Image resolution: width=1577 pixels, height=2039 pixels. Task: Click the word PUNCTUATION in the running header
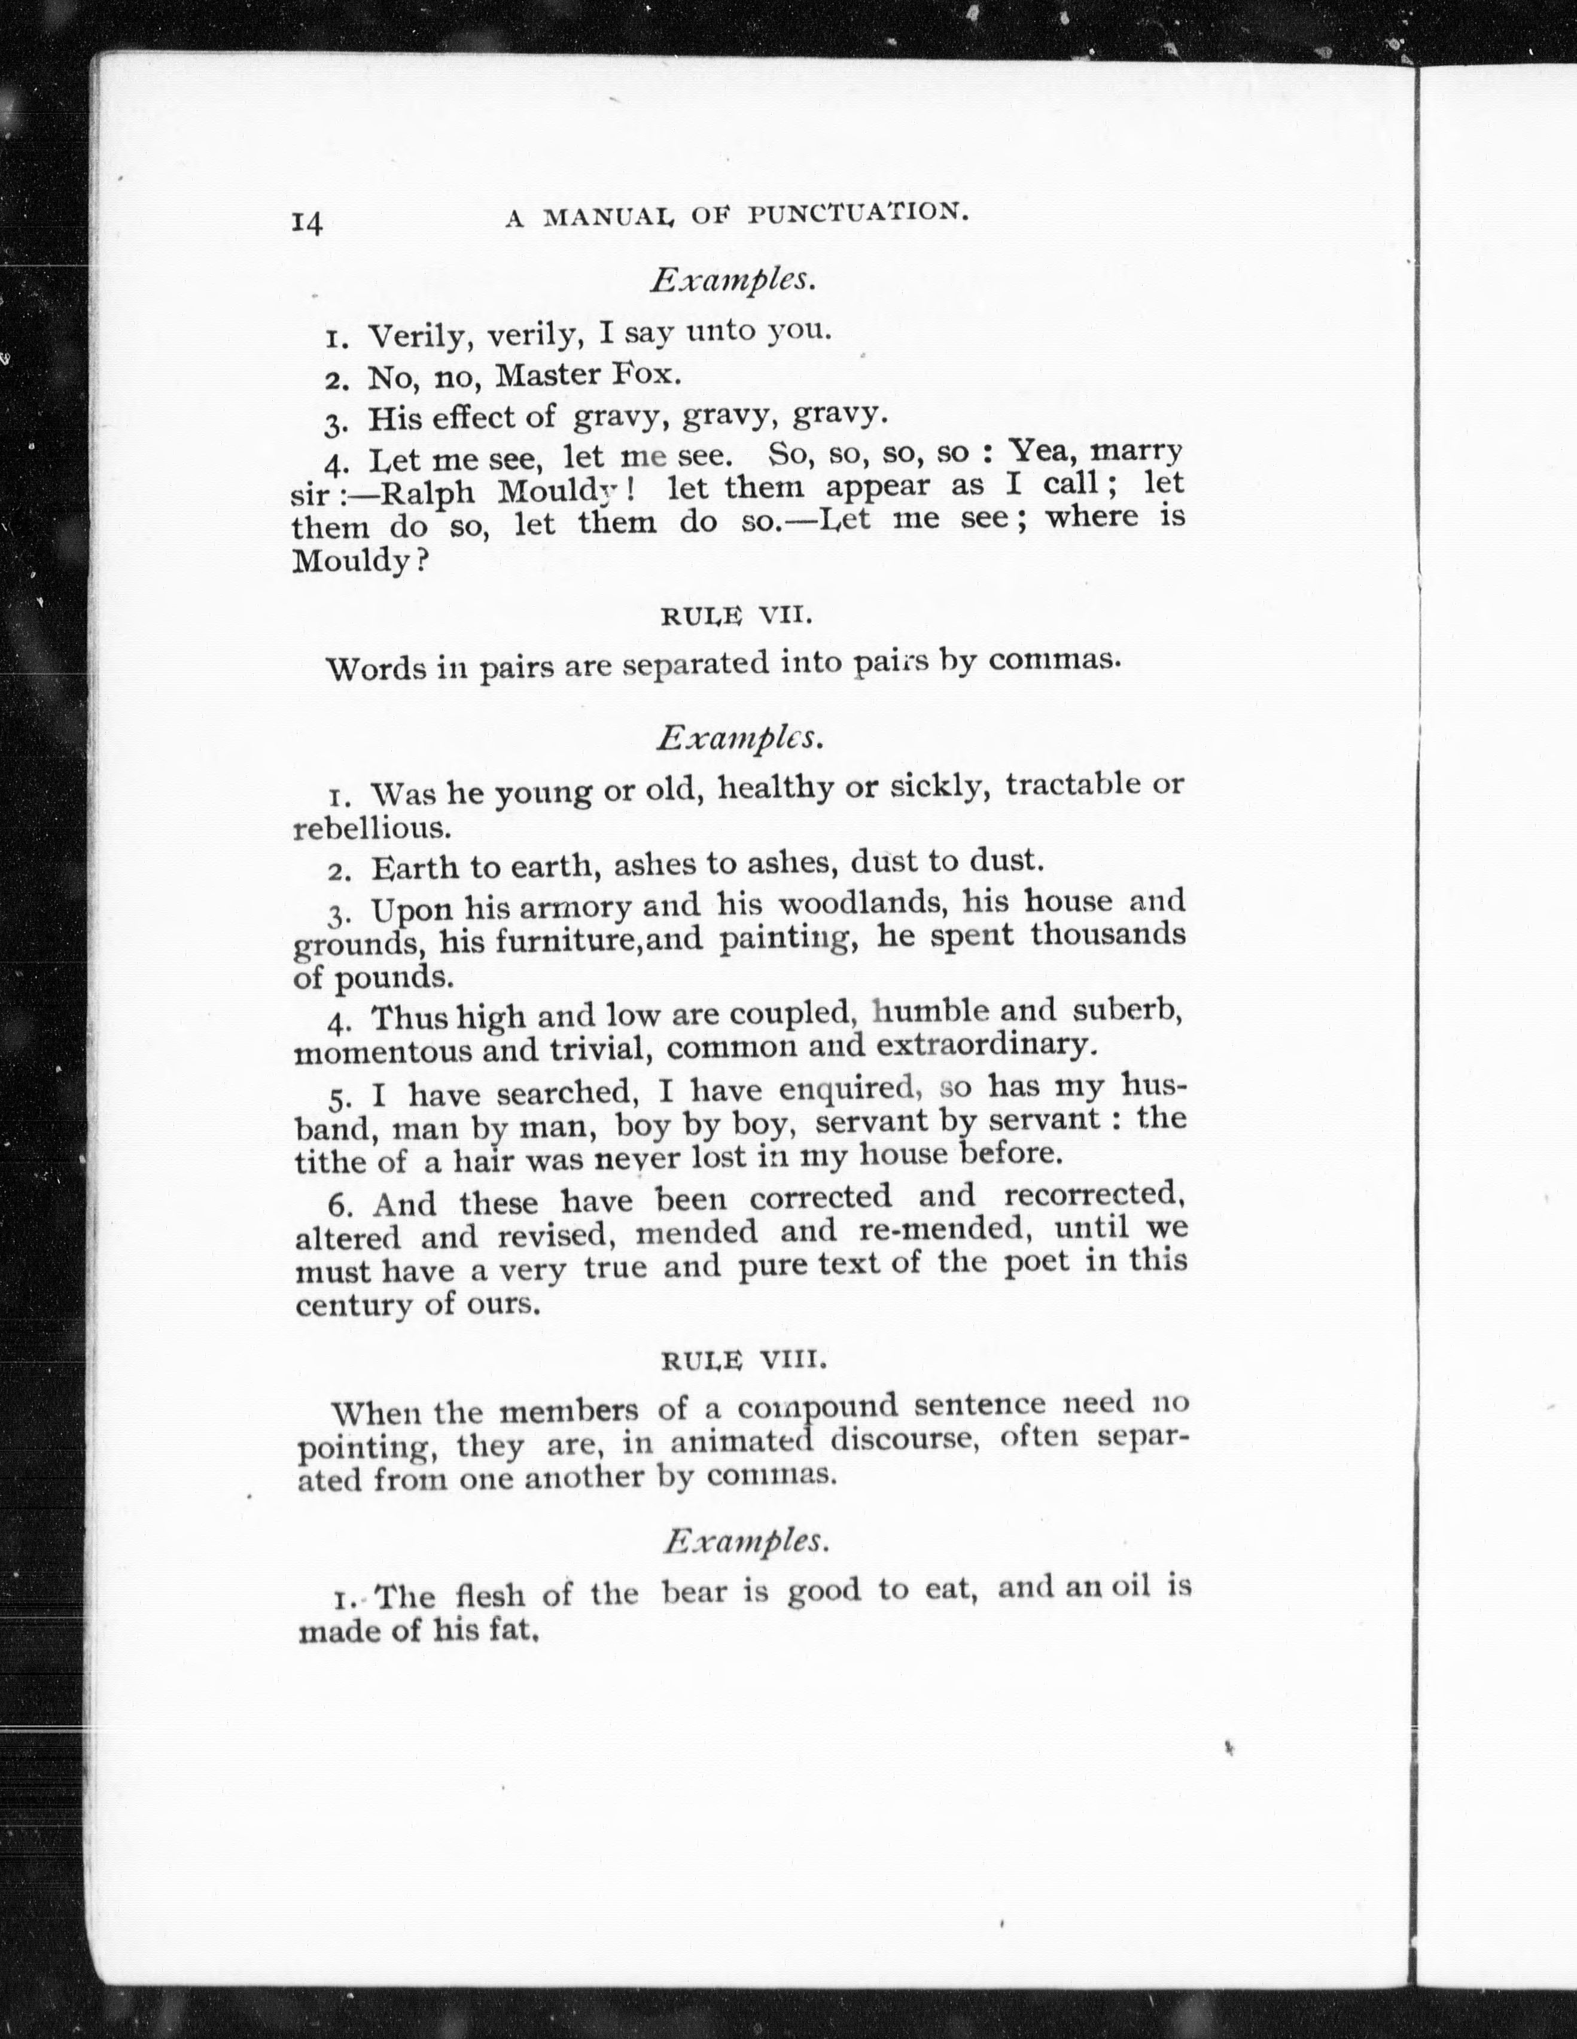(x=857, y=214)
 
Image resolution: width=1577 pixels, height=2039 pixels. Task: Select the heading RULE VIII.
(x=744, y=1361)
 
